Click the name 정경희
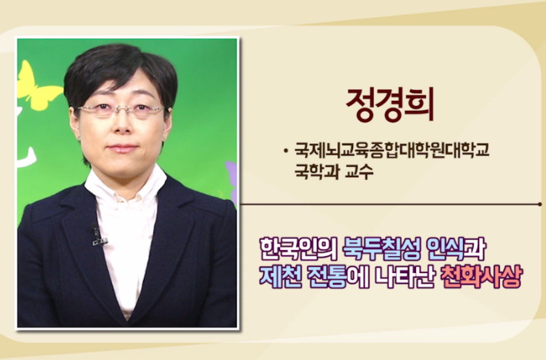[390, 105]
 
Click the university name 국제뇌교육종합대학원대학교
[392, 150]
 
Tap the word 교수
[359, 172]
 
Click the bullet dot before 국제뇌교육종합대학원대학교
[286, 151]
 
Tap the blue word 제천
[281, 276]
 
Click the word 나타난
[405, 276]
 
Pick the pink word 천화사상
[481, 276]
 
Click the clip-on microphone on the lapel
[98, 235]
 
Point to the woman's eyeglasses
[121, 110]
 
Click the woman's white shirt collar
[125, 185]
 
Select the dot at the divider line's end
[540, 205]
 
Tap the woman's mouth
[122, 148]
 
